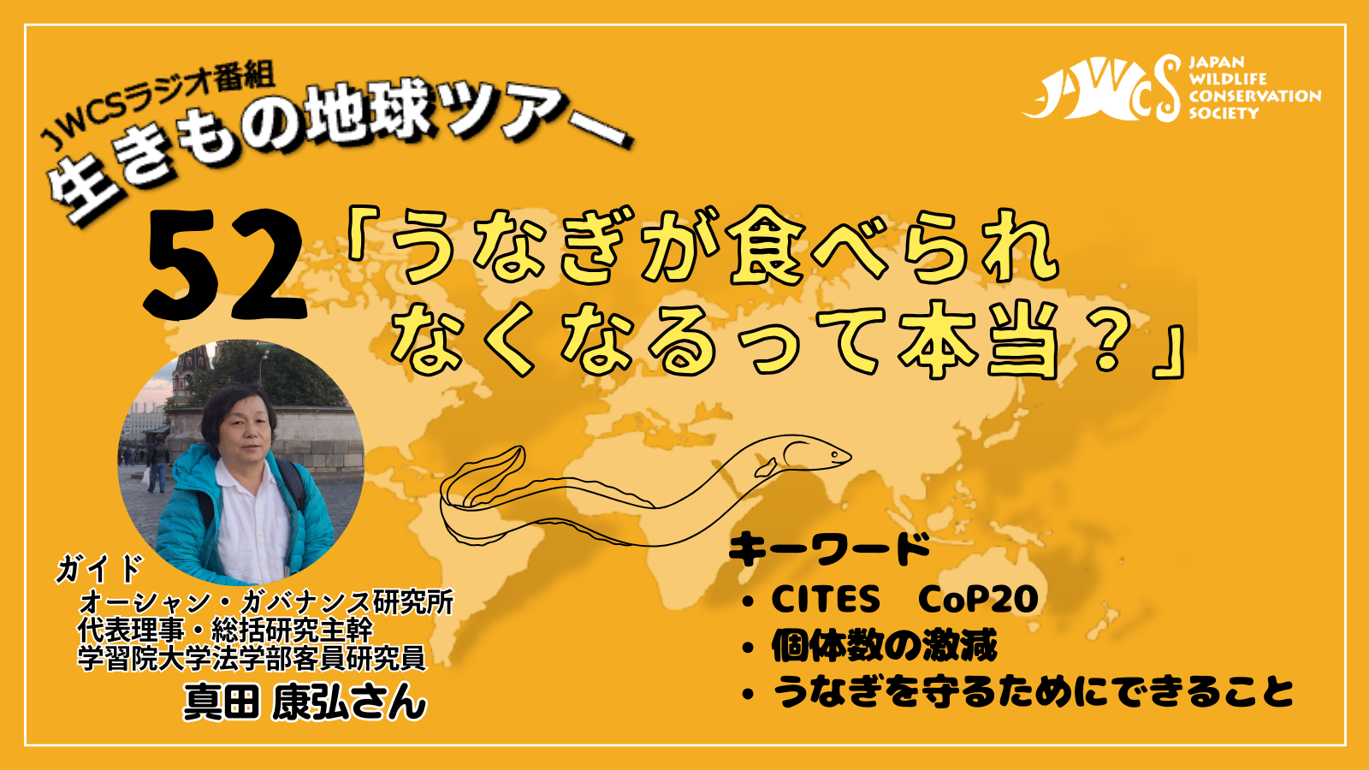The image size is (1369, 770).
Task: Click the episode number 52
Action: (x=225, y=265)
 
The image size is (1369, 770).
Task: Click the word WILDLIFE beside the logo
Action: (x=1219, y=79)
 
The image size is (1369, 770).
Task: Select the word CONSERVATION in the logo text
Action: (x=1254, y=96)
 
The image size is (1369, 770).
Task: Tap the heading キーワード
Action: (x=829, y=548)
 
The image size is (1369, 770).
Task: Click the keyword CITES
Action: (x=825, y=599)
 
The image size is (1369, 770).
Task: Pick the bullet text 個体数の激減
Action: (x=885, y=645)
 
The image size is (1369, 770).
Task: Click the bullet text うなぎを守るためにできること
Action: (x=1033, y=691)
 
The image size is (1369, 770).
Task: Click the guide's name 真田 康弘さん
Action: (x=305, y=702)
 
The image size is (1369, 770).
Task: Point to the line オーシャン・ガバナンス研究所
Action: (x=266, y=602)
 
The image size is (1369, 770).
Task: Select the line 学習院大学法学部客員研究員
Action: (x=252, y=658)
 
